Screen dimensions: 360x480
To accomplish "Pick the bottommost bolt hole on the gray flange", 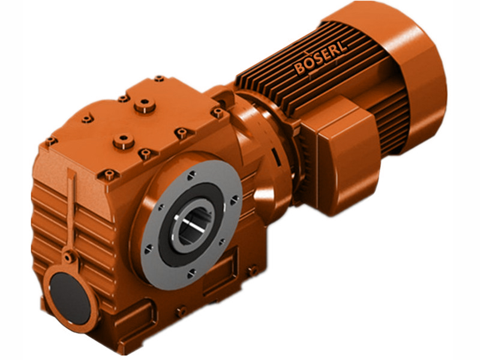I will (x=191, y=272).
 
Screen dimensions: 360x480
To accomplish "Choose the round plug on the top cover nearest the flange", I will (x=122, y=140).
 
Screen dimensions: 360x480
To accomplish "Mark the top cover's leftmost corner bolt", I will (x=50, y=142).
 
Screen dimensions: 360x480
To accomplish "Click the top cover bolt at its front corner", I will (x=109, y=175).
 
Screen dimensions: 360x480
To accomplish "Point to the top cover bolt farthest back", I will (x=159, y=79).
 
